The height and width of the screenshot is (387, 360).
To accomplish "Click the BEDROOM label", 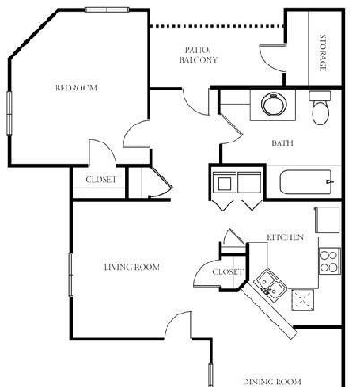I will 75,88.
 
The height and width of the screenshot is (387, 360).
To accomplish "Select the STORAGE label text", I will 323,52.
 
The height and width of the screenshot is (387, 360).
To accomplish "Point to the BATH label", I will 283,142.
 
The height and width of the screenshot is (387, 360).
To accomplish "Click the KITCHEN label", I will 285,237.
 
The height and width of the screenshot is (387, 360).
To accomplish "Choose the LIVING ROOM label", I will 131,267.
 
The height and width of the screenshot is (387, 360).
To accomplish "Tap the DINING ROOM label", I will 271,381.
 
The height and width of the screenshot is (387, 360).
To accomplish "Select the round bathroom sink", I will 274,105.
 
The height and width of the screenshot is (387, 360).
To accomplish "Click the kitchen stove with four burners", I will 329,260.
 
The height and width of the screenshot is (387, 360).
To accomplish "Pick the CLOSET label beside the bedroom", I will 100,180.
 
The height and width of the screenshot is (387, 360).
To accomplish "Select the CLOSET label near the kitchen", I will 227,271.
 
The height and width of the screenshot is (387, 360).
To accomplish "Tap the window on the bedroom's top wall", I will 107,10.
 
